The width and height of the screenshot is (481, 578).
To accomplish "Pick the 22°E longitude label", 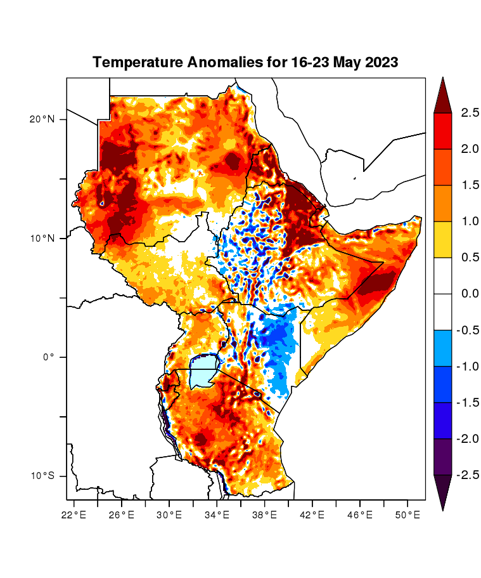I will pos(74,515).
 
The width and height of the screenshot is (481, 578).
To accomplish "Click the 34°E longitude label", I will pos(217,515).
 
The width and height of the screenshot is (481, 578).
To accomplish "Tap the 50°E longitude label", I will pos(407,515).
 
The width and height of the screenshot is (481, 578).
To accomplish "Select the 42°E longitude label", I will pos(312,515).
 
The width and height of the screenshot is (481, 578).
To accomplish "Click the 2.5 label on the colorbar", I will pos(470,113).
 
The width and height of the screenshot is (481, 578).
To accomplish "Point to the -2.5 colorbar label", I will pos(468,475).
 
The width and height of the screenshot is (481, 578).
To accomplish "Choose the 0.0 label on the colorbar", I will pos(470,294).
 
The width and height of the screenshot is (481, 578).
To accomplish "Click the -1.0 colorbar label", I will pos(468,366).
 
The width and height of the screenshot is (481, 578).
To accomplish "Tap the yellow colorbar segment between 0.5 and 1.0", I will pos(442,239).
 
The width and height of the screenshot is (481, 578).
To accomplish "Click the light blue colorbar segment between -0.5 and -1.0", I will pos(442,348).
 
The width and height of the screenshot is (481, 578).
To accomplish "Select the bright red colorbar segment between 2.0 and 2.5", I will pos(442,131).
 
